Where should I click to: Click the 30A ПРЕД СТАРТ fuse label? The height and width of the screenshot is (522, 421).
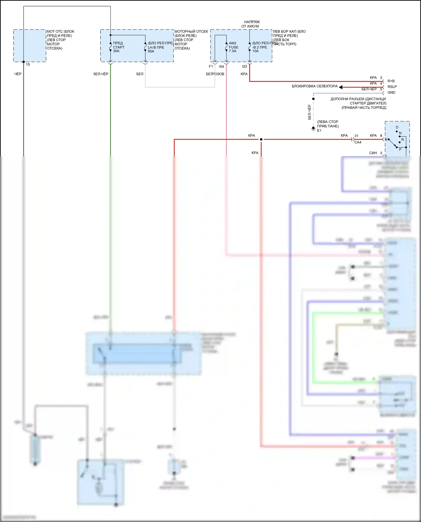(118, 47)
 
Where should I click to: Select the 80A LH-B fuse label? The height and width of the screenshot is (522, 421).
(156, 47)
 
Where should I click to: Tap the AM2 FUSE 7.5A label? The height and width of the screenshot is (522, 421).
(233, 47)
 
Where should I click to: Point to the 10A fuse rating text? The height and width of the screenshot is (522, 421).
(255, 51)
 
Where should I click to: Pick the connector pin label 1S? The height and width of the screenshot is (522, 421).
(28, 65)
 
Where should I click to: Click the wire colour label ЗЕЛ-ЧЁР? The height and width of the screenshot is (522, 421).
(101, 74)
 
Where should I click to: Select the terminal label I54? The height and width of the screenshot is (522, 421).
(221, 66)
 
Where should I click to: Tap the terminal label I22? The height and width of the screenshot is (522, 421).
(244, 66)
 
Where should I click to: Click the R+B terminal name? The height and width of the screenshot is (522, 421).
(391, 81)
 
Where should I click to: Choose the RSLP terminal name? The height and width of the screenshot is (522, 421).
(392, 87)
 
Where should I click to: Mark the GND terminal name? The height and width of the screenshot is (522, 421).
(391, 93)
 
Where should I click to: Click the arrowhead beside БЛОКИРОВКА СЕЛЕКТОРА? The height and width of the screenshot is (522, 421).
(341, 87)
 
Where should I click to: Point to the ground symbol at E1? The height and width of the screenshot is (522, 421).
(313, 129)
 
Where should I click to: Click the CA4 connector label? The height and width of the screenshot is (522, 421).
(358, 142)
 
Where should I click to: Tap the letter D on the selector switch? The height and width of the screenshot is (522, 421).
(397, 127)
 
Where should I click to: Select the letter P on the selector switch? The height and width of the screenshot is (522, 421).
(400, 150)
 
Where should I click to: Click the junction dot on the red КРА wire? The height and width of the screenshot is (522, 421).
(261, 139)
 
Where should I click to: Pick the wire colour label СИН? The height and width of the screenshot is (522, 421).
(373, 153)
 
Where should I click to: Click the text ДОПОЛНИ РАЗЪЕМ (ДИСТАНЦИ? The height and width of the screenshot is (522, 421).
(358, 99)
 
